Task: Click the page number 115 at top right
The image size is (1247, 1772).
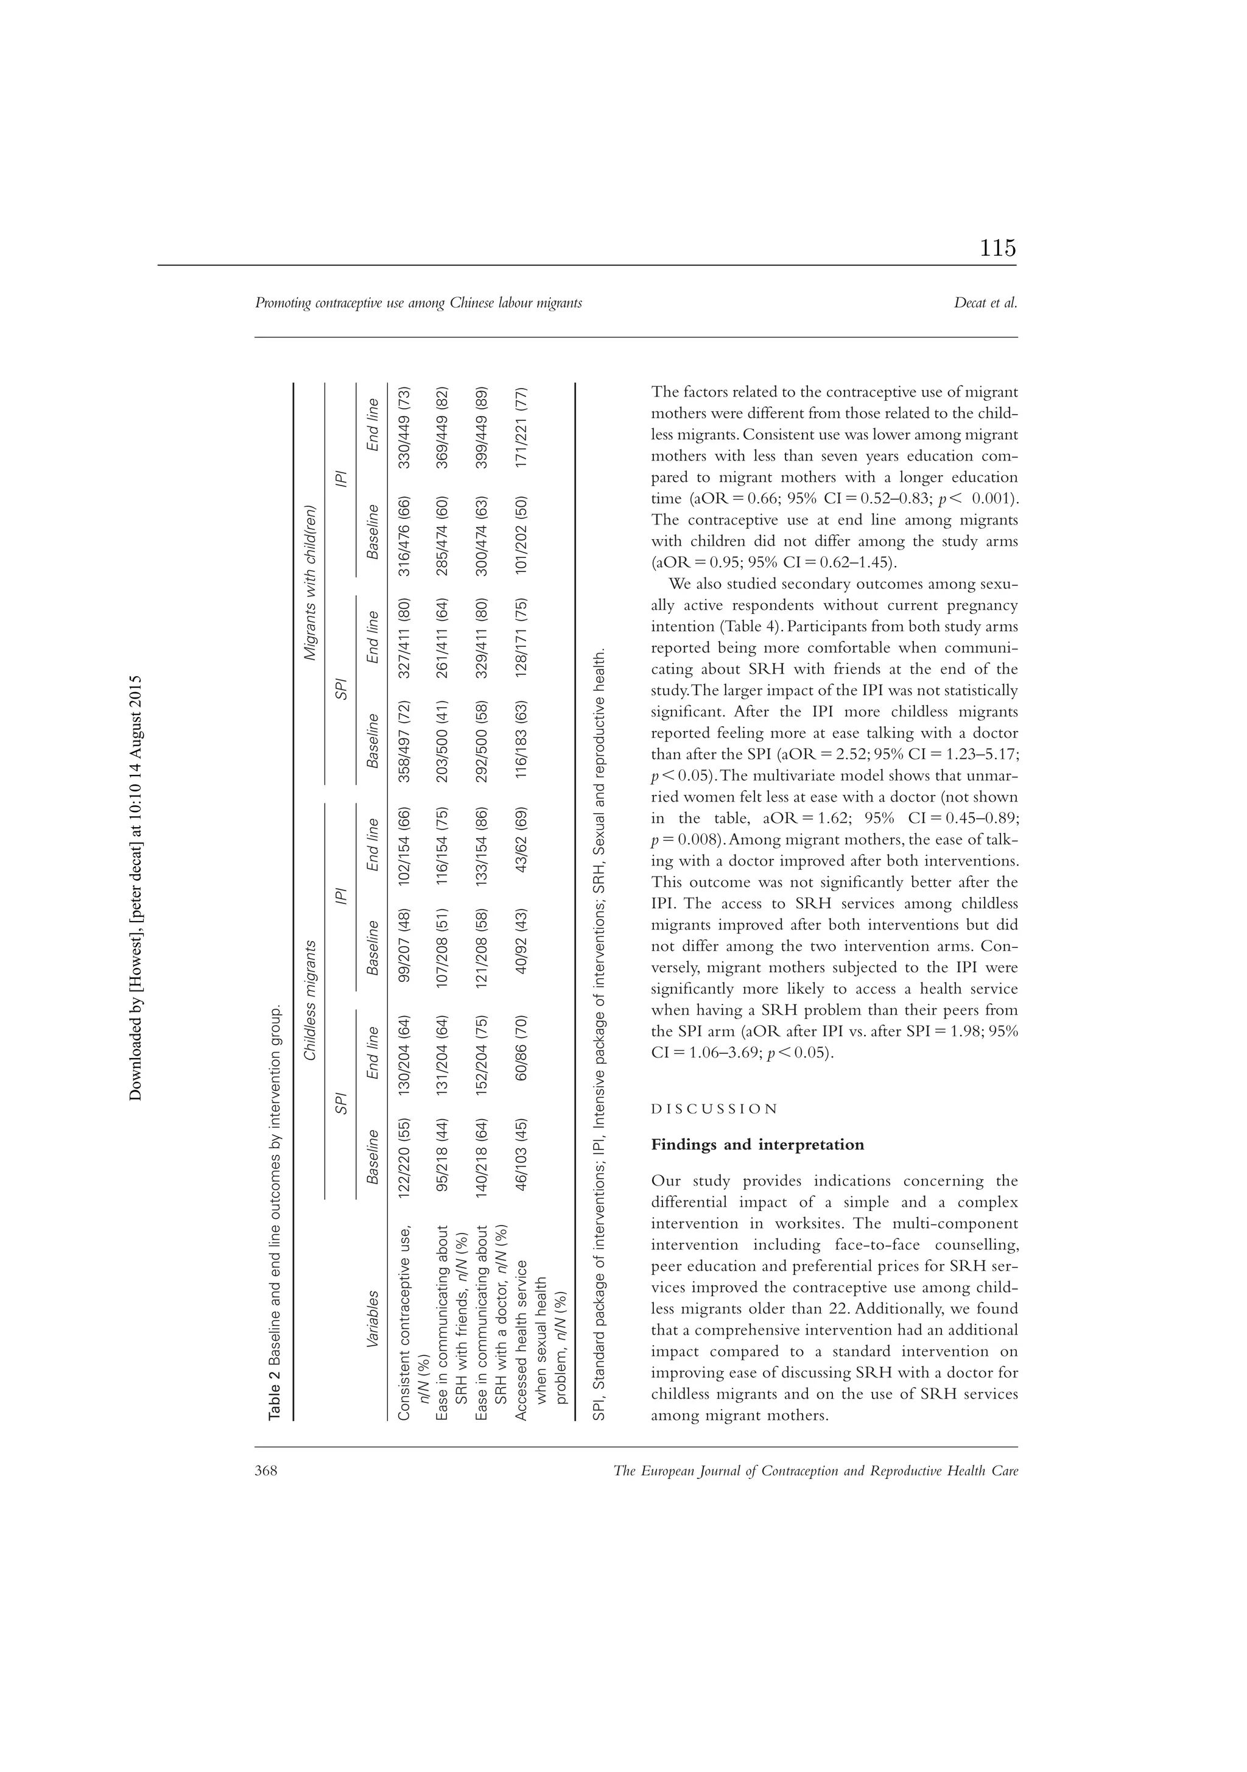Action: pos(998,249)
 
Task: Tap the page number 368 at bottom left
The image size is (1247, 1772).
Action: pos(266,1471)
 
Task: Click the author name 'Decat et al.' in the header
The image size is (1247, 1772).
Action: pos(985,303)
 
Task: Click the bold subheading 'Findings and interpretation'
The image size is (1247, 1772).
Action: pos(757,1145)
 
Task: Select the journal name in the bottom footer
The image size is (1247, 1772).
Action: pos(816,1471)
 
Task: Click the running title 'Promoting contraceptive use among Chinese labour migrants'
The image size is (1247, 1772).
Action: pos(418,303)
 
